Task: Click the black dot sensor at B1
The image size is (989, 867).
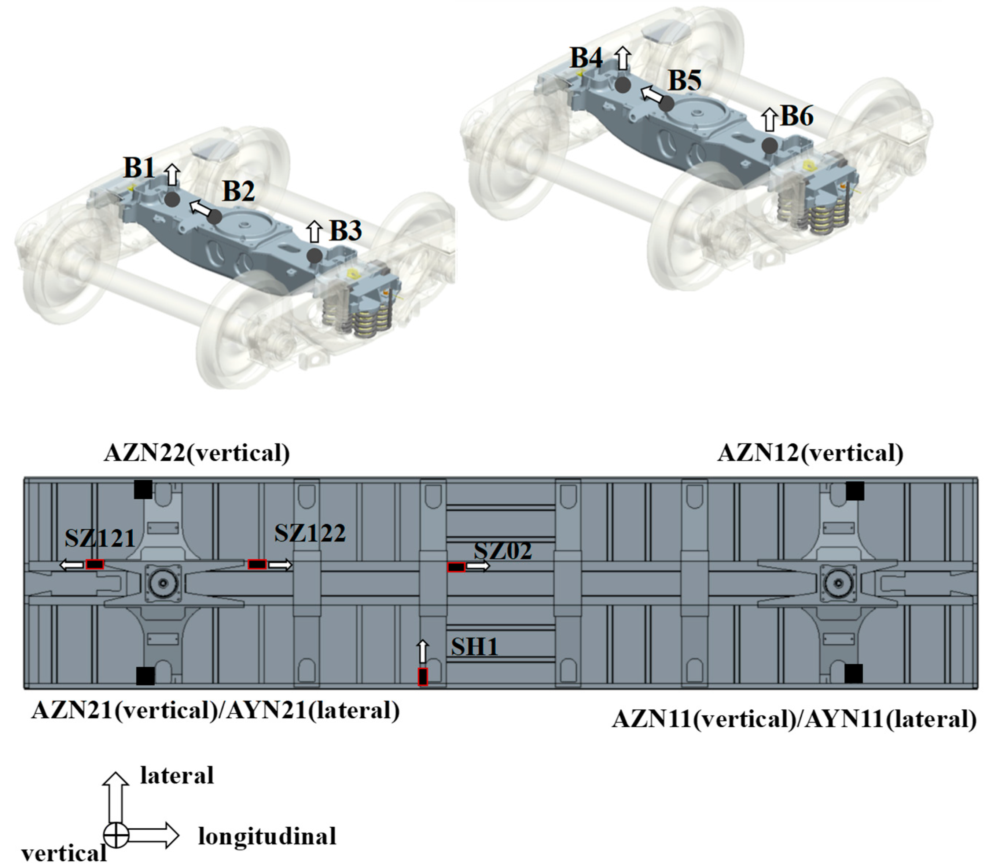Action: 172,199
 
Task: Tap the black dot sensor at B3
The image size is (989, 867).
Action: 315,256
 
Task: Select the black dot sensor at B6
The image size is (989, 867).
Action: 769,145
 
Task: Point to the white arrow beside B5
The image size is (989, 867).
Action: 651,94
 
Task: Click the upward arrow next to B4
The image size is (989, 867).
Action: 623,59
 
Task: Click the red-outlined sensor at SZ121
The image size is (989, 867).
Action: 95,564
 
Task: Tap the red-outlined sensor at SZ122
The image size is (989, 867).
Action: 257,564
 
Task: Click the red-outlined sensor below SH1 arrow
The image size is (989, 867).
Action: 423,676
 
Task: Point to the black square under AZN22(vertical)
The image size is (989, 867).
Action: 143,489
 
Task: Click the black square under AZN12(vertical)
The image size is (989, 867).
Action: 855,491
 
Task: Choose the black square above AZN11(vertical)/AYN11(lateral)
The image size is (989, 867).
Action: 853,673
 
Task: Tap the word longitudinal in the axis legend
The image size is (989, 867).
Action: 267,836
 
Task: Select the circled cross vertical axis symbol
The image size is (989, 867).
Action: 116,835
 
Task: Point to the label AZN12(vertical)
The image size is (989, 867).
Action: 810,453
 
